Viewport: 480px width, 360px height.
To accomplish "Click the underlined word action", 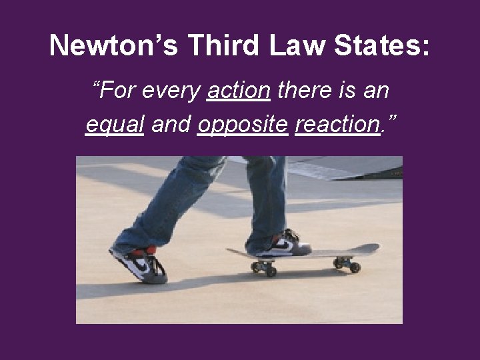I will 239,90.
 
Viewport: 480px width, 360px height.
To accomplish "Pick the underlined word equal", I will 115,123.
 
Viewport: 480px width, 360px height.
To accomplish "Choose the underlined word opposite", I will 242,125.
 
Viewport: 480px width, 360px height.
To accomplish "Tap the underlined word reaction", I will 337,123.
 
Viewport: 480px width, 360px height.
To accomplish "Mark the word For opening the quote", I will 117,90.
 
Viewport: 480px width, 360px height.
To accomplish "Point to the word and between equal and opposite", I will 171,123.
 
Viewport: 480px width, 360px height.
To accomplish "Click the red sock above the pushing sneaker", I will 141,251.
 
